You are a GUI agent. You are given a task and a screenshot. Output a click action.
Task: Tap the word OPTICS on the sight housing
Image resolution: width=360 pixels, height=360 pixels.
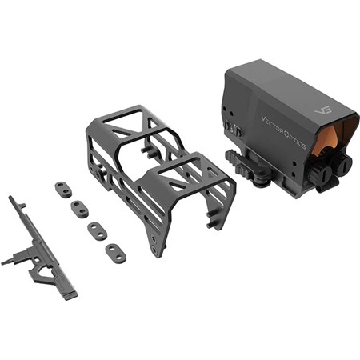coord(295,138)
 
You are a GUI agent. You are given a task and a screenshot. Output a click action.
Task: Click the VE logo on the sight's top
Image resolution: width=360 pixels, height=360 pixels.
coord(323,110)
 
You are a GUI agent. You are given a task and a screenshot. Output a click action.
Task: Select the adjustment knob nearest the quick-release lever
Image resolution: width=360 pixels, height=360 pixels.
coord(321,173)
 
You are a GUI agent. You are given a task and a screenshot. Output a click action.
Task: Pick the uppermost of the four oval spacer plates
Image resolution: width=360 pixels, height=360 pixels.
coord(63,187)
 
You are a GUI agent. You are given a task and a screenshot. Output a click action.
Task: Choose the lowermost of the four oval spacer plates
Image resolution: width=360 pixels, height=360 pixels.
coord(116,253)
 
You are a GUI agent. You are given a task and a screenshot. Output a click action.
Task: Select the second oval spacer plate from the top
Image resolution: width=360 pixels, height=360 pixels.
coord(79,209)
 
